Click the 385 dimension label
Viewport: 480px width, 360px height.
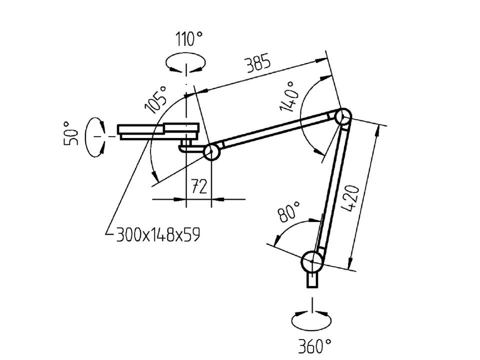pyautogui.click(x=258, y=63)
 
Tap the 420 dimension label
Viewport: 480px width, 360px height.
pyautogui.click(x=350, y=198)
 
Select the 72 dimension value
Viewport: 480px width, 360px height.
pyautogui.click(x=199, y=186)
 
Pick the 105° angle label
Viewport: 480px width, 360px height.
pyautogui.click(x=156, y=99)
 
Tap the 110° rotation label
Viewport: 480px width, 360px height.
pyautogui.click(x=189, y=39)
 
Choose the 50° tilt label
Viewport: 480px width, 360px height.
pyautogui.click(x=71, y=133)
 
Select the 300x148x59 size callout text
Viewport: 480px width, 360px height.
pyautogui.click(x=158, y=235)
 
